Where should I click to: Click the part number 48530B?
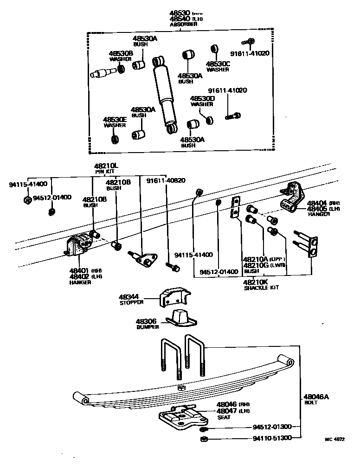click(x=121, y=53)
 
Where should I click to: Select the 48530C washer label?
click(x=218, y=64)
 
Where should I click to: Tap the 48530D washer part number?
click(x=202, y=98)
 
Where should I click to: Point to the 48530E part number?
click(x=115, y=119)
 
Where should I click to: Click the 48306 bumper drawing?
click(x=180, y=320)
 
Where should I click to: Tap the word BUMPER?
click(x=148, y=327)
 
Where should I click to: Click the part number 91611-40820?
click(x=166, y=181)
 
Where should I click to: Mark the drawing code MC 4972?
click(x=334, y=439)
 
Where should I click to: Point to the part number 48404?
click(x=317, y=203)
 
